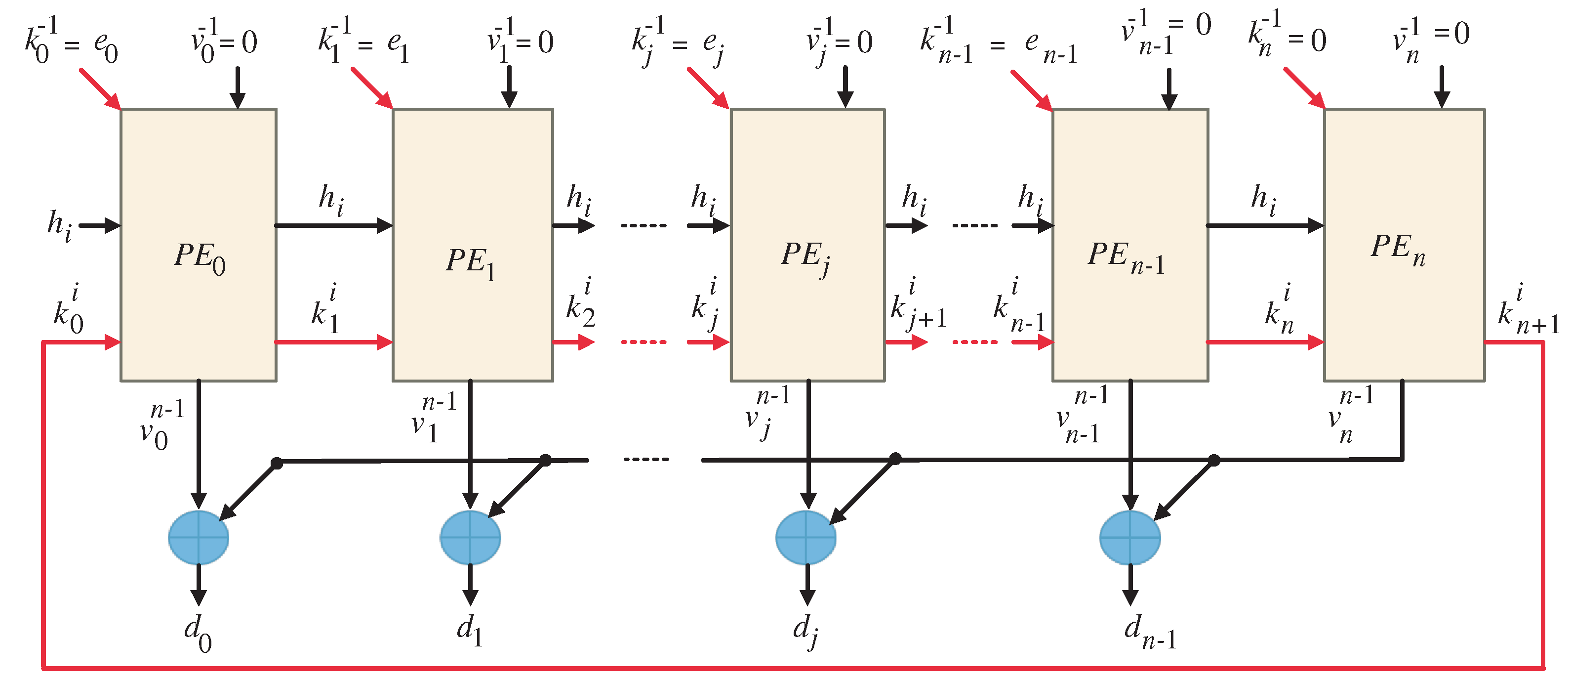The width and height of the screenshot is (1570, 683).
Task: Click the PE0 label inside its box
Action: (200, 257)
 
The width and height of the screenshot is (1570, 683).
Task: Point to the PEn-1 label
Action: (1125, 257)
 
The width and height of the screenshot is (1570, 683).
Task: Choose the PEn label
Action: (1398, 250)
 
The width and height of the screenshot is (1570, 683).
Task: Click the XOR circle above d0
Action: (199, 537)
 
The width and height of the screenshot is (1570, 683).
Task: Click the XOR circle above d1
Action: (470, 537)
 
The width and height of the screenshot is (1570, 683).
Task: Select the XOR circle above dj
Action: (805, 537)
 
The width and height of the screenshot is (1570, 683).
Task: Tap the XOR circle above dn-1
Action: (1130, 537)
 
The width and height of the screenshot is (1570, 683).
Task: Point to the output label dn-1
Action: (1149, 631)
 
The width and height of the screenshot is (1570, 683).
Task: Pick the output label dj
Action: (805, 631)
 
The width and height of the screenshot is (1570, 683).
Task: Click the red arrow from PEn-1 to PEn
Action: (1265, 342)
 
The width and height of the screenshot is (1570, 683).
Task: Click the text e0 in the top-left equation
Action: (105, 46)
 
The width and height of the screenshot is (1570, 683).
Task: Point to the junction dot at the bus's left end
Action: (277, 463)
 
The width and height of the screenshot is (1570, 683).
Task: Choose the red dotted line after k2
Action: (644, 342)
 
